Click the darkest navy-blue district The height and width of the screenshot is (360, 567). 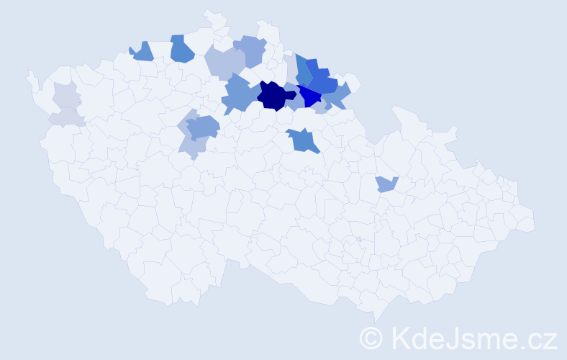(274, 96)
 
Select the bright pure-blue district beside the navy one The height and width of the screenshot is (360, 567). (311, 96)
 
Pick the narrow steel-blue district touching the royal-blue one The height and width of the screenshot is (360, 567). (303, 70)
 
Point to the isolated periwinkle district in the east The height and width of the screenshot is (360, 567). (386, 184)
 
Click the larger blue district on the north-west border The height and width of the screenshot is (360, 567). (182, 49)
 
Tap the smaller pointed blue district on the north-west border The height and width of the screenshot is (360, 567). (142, 51)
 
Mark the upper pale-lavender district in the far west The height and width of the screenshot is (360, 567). (65, 94)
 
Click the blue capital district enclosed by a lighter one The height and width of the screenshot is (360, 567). (203, 127)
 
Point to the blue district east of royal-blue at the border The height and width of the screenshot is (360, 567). (337, 94)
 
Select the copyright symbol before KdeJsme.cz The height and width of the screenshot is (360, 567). (372, 338)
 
